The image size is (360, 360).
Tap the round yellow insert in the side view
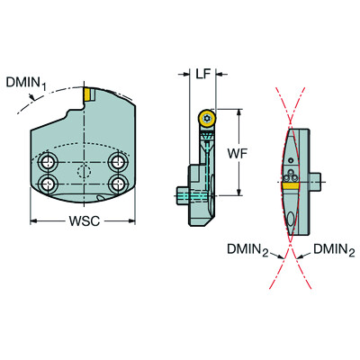[x=207, y=117]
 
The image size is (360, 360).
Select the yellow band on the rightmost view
[x=292, y=222]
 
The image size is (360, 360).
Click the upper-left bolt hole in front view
[x=47, y=164]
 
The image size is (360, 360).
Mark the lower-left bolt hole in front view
[x=47, y=184]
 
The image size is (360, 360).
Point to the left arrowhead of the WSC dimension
[x=33, y=220]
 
